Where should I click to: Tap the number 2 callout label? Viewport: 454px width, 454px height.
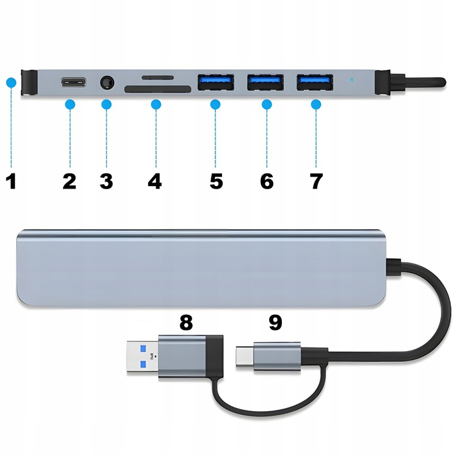coord(69,181)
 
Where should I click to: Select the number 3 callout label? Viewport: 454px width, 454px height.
coord(106,181)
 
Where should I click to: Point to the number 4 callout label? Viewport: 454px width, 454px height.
coord(154,181)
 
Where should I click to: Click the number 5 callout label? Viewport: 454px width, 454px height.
coord(216,181)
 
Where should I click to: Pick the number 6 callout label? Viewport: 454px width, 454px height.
coord(266,181)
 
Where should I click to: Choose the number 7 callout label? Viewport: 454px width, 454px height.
coord(316,181)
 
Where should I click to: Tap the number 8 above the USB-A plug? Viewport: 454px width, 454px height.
coord(185,322)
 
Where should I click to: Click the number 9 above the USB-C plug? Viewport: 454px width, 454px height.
coord(275,322)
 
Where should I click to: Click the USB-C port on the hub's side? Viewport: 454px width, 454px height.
coord(74,83)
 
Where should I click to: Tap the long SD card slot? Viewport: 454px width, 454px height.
coord(158,90)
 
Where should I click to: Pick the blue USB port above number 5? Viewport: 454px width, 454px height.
coord(216,82)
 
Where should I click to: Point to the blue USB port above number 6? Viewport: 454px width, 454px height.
coord(265,82)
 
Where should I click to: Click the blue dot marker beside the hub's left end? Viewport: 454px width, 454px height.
coord(10,82)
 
